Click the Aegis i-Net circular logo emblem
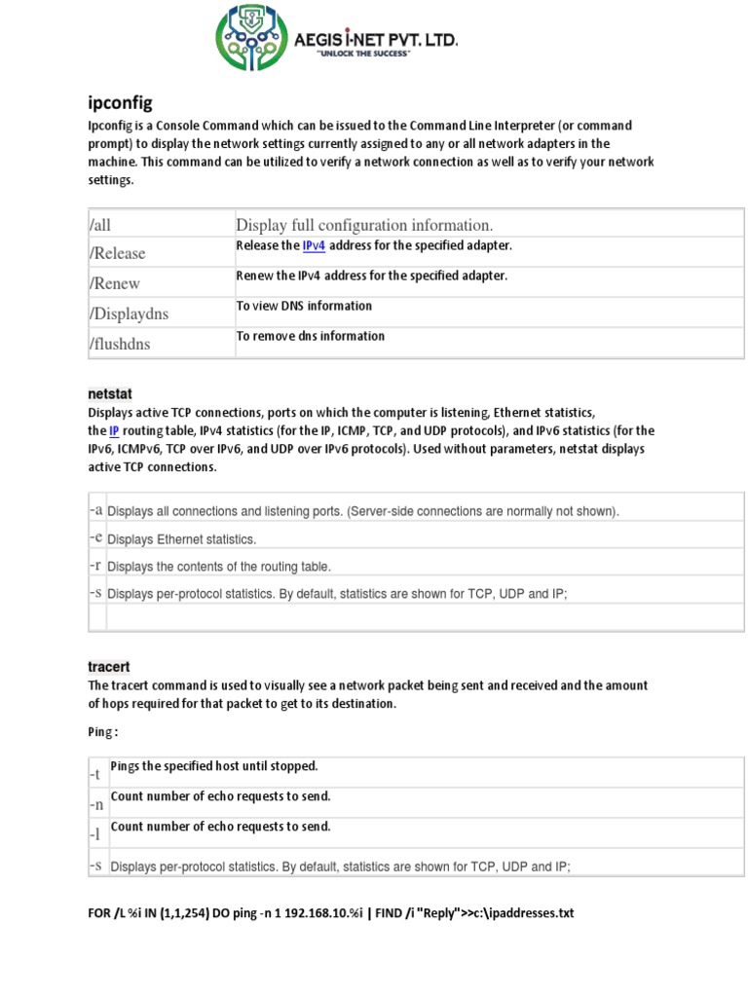tap(251, 39)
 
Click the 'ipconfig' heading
tap(120, 102)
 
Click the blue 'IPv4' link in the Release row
tap(314, 245)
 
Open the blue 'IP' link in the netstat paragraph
tap(114, 430)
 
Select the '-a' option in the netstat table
tap(95, 510)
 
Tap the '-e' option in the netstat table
tap(95, 537)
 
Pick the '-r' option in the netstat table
tap(95, 565)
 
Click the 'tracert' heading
tap(108, 667)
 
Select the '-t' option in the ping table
tap(95, 775)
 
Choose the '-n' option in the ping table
tap(95, 805)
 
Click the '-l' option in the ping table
tap(95, 835)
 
